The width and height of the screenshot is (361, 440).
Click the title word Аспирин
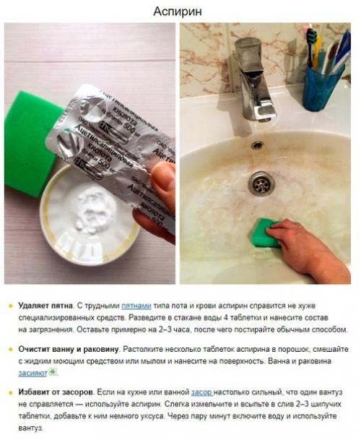[x=180, y=12]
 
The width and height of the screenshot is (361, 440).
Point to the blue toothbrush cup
[x=323, y=86]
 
